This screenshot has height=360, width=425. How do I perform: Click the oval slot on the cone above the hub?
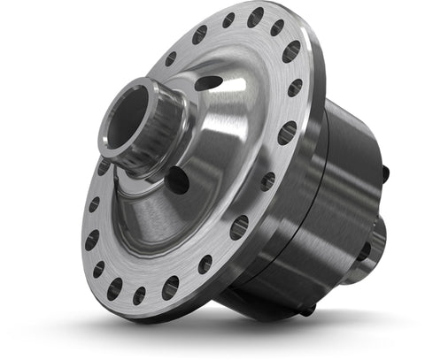(209, 82)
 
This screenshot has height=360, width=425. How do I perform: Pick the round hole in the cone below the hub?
(177, 181)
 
